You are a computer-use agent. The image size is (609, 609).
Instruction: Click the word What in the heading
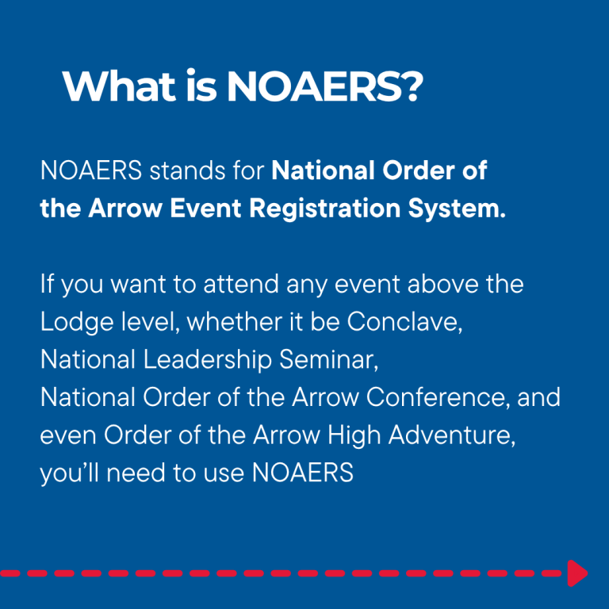(x=118, y=86)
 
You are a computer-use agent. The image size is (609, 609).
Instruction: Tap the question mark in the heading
(x=411, y=86)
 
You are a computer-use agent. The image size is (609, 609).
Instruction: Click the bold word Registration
(x=324, y=209)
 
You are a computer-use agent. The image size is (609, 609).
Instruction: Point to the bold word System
(x=457, y=209)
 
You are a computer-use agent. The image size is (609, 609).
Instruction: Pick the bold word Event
(x=205, y=209)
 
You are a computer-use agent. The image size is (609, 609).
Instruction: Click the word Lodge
(x=77, y=323)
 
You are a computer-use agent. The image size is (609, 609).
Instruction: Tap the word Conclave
(x=404, y=322)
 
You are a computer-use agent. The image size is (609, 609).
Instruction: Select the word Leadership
(x=208, y=360)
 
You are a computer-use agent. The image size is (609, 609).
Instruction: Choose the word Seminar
(x=328, y=360)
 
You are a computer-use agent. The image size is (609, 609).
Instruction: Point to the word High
(x=354, y=435)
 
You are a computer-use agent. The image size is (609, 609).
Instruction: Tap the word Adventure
(x=452, y=435)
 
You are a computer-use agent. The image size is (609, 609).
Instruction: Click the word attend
(x=241, y=284)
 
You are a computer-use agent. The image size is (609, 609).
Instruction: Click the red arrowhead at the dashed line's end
(x=577, y=573)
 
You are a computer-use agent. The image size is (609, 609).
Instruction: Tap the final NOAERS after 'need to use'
(x=303, y=473)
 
